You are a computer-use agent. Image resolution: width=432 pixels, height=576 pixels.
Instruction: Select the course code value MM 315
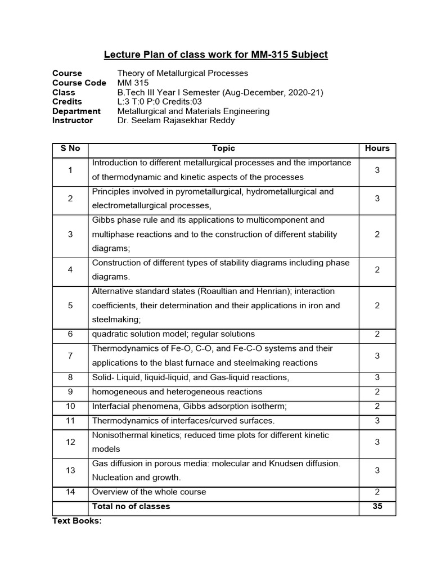(x=133, y=83)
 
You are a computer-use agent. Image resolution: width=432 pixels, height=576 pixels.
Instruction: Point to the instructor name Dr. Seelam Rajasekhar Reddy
(x=176, y=120)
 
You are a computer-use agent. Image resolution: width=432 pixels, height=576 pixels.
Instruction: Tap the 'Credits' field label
(x=67, y=102)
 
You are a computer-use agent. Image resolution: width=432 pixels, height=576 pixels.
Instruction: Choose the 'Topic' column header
(x=223, y=148)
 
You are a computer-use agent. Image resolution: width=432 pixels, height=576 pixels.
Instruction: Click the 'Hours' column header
(x=377, y=148)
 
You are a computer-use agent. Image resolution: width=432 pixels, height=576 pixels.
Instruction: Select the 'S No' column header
(x=70, y=148)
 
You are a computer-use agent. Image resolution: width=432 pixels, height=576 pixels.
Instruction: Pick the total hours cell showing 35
(x=377, y=506)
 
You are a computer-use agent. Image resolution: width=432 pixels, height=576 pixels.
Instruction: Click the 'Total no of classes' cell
(x=131, y=506)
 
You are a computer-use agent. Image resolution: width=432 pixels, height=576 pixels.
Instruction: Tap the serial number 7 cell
(x=70, y=356)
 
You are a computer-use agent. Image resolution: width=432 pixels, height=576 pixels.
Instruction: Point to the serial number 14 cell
(x=70, y=492)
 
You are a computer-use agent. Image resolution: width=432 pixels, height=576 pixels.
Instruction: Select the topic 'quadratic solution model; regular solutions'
(x=173, y=334)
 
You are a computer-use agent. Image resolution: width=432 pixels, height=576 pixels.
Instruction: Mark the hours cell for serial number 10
(x=377, y=406)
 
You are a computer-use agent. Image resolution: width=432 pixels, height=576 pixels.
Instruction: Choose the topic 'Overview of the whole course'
(x=149, y=492)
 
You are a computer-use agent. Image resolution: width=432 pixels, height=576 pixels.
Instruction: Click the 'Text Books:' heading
(x=77, y=521)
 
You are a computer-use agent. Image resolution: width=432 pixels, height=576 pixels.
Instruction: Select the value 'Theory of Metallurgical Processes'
(x=182, y=73)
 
